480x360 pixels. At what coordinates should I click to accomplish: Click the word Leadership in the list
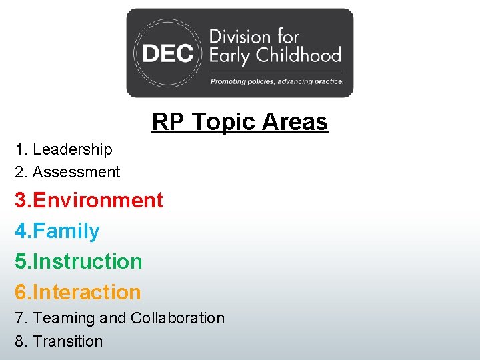click(73, 150)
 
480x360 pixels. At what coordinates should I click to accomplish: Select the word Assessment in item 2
click(76, 172)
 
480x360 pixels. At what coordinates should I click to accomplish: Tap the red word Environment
click(98, 200)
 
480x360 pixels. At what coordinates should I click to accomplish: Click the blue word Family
click(66, 231)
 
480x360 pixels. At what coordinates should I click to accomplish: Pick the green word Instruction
click(87, 261)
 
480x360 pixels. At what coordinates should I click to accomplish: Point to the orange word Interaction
click(87, 292)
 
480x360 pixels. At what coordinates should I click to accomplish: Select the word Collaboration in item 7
click(177, 319)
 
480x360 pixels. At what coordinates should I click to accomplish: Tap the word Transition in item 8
click(68, 341)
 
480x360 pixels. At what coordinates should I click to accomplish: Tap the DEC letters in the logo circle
click(167, 54)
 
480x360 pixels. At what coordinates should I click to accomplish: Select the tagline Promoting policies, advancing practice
click(277, 81)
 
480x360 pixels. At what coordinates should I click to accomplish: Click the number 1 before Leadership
click(19, 150)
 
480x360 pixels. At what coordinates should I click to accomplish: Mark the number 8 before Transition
click(19, 341)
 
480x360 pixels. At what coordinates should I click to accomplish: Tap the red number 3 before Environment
click(21, 200)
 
